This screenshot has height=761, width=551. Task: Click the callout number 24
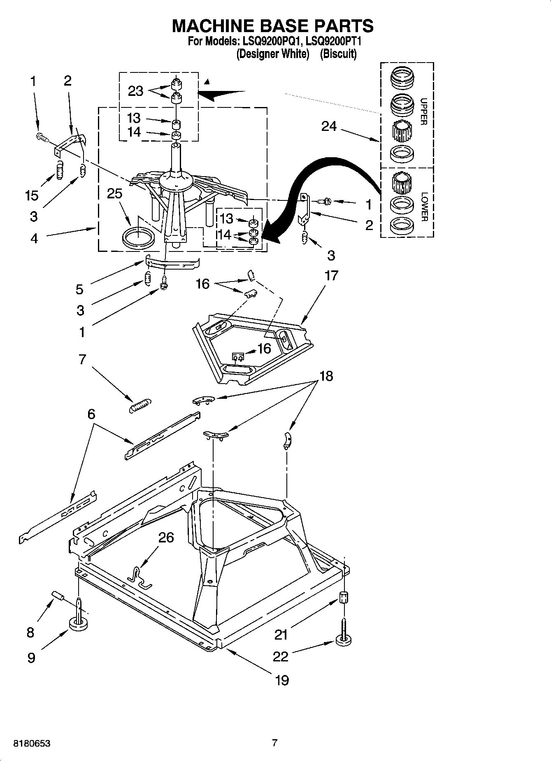click(x=329, y=126)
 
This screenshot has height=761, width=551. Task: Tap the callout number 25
click(x=114, y=193)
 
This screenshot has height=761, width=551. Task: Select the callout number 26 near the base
click(x=166, y=538)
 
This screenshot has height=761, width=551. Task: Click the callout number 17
click(x=331, y=275)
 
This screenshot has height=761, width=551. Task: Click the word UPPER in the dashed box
click(x=423, y=112)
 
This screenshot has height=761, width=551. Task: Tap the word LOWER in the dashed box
click(x=424, y=207)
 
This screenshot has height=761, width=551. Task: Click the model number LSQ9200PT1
click(x=334, y=41)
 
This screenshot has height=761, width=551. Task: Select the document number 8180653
click(x=32, y=743)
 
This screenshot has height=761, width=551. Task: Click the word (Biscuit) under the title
click(x=338, y=54)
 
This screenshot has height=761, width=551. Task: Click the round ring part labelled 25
click(x=139, y=239)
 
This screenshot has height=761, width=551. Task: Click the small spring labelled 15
click(x=60, y=170)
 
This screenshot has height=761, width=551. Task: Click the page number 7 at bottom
click(x=275, y=743)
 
